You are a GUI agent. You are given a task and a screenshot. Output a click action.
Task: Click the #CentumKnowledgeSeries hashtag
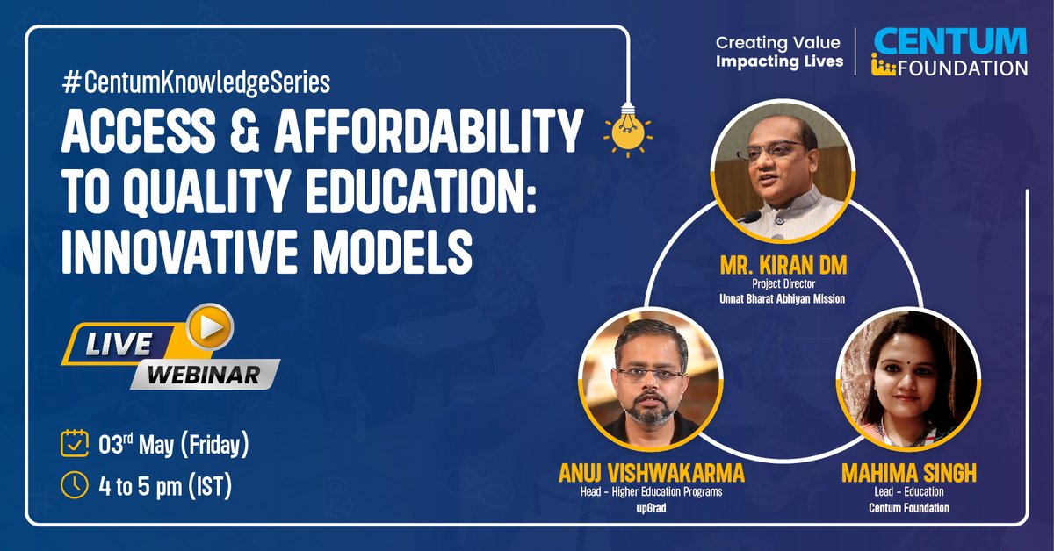(195, 83)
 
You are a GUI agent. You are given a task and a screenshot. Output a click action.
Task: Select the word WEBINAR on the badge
(204, 375)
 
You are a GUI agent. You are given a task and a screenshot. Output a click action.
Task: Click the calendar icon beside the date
(74, 443)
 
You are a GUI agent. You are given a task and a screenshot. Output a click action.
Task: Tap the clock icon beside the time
(74, 484)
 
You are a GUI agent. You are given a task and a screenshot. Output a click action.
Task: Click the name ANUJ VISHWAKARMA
(651, 474)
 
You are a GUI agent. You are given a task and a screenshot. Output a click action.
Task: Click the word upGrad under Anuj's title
(651, 507)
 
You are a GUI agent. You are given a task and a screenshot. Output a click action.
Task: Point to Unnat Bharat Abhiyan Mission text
(783, 298)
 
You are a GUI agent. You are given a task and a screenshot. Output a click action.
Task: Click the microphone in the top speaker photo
(748, 216)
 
